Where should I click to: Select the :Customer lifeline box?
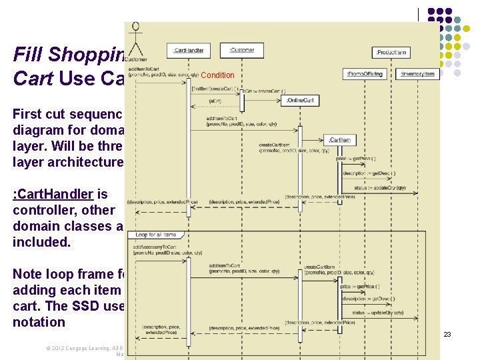pyautogui.click(x=241, y=49)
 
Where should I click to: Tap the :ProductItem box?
pyautogui.click(x=392, y=52)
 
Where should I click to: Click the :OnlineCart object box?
pyautogui.click(x=301, y=100)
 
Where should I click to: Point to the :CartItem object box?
pyautogui.click(x=339, y=140)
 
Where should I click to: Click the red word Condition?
pyautogui.click(x=217, y=75)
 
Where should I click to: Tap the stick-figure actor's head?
pyautogui.click(x=136, y=27)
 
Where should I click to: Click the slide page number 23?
pyautogui.click(x=447, y=335)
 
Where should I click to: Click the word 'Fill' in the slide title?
pyautogui.click(x=28, y=54)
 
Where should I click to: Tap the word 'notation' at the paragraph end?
pyautogui.click(x=39, y=322)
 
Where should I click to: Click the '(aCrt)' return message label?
pyautogui.click(x=216, y=100)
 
